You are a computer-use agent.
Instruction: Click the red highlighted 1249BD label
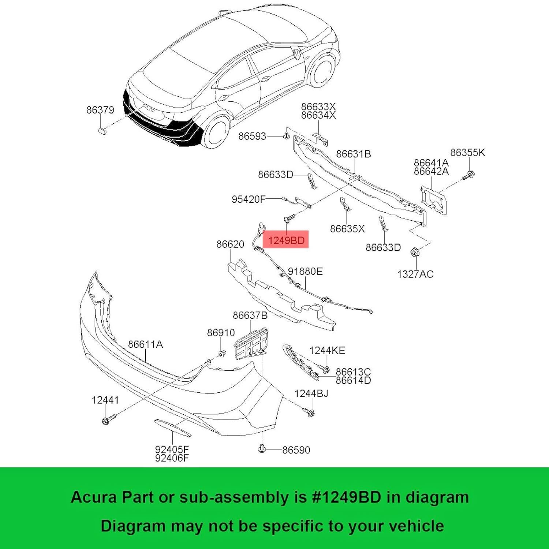click(x=286, y=240)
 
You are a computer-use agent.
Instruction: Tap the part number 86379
click(x=100, y=110)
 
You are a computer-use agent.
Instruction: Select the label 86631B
click(x=353, y=154)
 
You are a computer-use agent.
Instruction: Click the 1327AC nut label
click(x=415, y=274)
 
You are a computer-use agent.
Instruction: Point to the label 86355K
click(x=467, y=153)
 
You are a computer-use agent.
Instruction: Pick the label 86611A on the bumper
click(x=145, y=344)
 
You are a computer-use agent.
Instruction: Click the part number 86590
click(x=296, y=450)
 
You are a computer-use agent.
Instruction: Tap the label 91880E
click(x=305, y=272)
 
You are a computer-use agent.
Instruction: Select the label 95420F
click(x=248, y=199)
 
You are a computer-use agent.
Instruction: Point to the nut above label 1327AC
click(x=415, y=252)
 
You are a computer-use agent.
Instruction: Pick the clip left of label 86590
click(x=262, y=448)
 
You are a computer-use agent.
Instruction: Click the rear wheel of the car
click(x=216, y=132)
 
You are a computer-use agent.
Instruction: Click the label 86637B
click(x=250, y=315)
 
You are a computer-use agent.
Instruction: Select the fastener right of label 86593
click(x=287, y=137)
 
